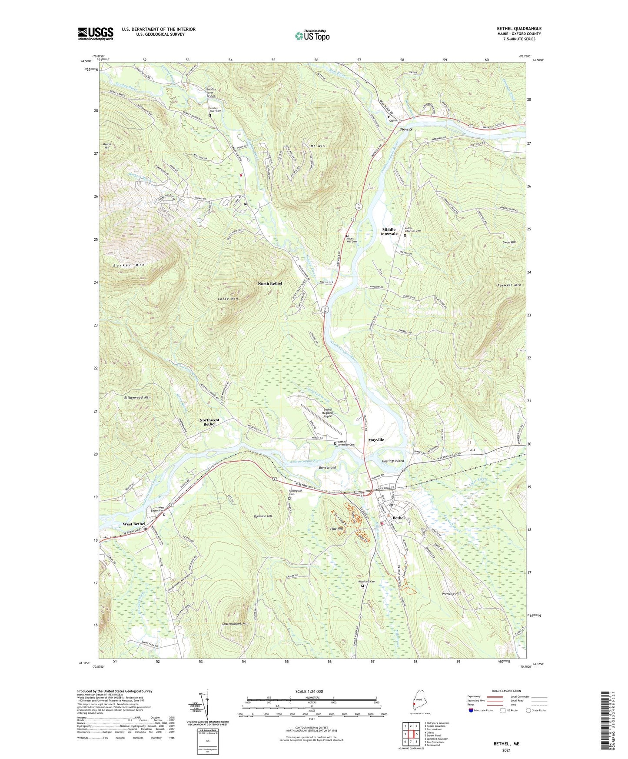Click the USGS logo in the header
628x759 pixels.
[x=96, y=33]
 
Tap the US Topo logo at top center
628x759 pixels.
[x=312, y=36]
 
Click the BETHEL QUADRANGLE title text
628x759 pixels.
[x=519, y=29]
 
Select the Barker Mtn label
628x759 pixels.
[x=129, y=265]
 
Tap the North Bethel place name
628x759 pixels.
[x=270, y=283]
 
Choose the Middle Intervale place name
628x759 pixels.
[x=389, y=231]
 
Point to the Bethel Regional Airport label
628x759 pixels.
[x=327, y=413]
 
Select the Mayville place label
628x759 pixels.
[x=376, y=440]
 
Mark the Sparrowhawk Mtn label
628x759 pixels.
[x=235, y=623]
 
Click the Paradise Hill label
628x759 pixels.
[x=451, y=593]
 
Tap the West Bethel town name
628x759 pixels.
[x=134, y=524]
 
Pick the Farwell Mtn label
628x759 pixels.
[x=509, y=285]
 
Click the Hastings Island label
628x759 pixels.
[x=393, y=461]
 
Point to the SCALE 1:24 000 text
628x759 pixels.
[x=309, y=691]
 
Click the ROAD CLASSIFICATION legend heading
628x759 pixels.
[x=506, y=691]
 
